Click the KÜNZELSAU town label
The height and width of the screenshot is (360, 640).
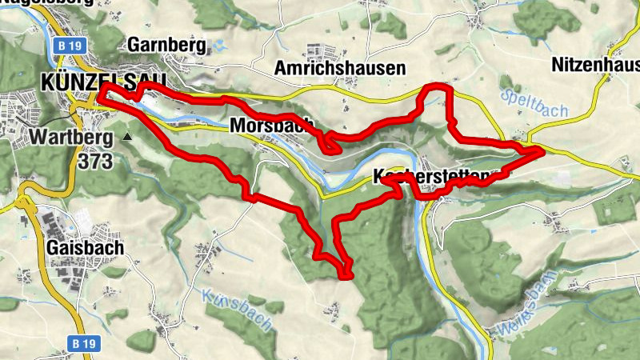click(102, 82)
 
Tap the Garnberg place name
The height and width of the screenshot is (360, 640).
click(166, 44)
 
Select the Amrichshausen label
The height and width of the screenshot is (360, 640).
click(340, 69)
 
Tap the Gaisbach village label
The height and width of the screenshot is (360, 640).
click(86, 248)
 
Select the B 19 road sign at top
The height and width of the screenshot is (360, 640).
click(70, 46)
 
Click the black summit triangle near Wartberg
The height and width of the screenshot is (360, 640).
click(127, 137)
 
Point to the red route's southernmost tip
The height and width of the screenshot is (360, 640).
click(346, 277)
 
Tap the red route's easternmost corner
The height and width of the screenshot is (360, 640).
click(540, 149)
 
